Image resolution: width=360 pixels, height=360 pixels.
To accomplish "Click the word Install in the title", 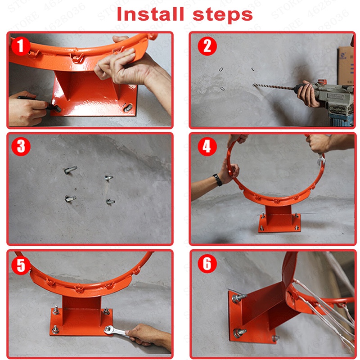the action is click(x=150, y=14).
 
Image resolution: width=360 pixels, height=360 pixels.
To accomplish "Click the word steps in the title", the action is click(x=223, y=15).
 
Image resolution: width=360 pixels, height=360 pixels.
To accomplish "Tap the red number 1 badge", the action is click(x=21, y=46).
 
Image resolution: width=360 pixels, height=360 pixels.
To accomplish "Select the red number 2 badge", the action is click(x=207, y=46).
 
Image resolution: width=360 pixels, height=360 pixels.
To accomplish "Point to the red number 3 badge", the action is click(x=21, y=147).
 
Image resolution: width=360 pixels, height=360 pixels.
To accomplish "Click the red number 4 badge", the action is click(x=207, y=147).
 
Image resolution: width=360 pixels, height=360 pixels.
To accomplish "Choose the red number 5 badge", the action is click(x=21, y=265).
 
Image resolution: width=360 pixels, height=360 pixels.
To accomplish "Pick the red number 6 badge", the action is click(x=207, y=264).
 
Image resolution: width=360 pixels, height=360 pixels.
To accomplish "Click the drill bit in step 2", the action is click(x=273, y=86).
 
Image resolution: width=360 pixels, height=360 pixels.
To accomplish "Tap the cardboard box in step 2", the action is click(x=345, y=65).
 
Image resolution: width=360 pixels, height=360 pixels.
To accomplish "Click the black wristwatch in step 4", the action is click(x=217, y=180).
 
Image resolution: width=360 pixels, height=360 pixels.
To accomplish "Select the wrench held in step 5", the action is click(x=115, y=331).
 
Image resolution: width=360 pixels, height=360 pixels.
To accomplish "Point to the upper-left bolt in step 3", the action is click(x=70, y=170).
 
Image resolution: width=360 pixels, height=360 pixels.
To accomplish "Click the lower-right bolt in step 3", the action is click(x=110, y=202).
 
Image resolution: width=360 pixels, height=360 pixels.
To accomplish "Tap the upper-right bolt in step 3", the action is click(x=108, y=178).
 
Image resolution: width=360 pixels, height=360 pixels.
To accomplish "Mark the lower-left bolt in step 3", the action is click(x=70, y=198).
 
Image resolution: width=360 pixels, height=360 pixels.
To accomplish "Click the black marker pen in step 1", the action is click(x=39, y=103).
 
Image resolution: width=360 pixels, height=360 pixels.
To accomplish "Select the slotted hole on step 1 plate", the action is click(x=128, y=108).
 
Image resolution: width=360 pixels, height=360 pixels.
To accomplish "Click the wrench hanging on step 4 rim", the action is click(x=321, y=160).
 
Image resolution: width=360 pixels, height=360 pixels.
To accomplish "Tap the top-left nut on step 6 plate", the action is click(x=239, y=298).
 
